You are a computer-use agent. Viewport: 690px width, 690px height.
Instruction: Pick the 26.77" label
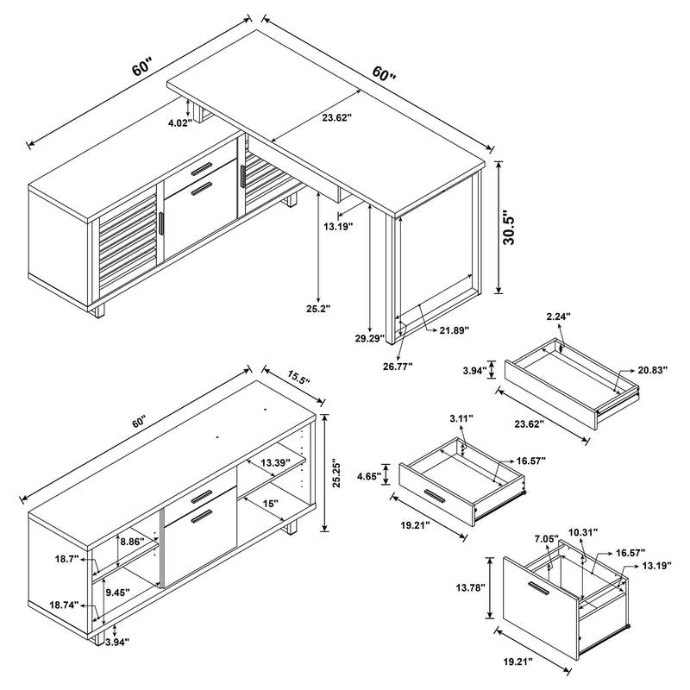click(398, 366)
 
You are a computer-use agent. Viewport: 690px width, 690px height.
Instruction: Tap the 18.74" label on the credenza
click(65, 605)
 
